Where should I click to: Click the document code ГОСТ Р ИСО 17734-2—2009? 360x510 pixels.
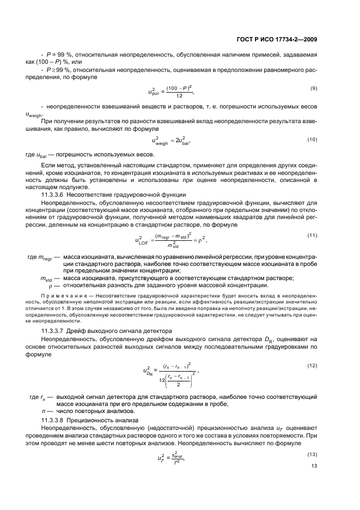286,39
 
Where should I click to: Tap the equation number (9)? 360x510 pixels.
314,88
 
